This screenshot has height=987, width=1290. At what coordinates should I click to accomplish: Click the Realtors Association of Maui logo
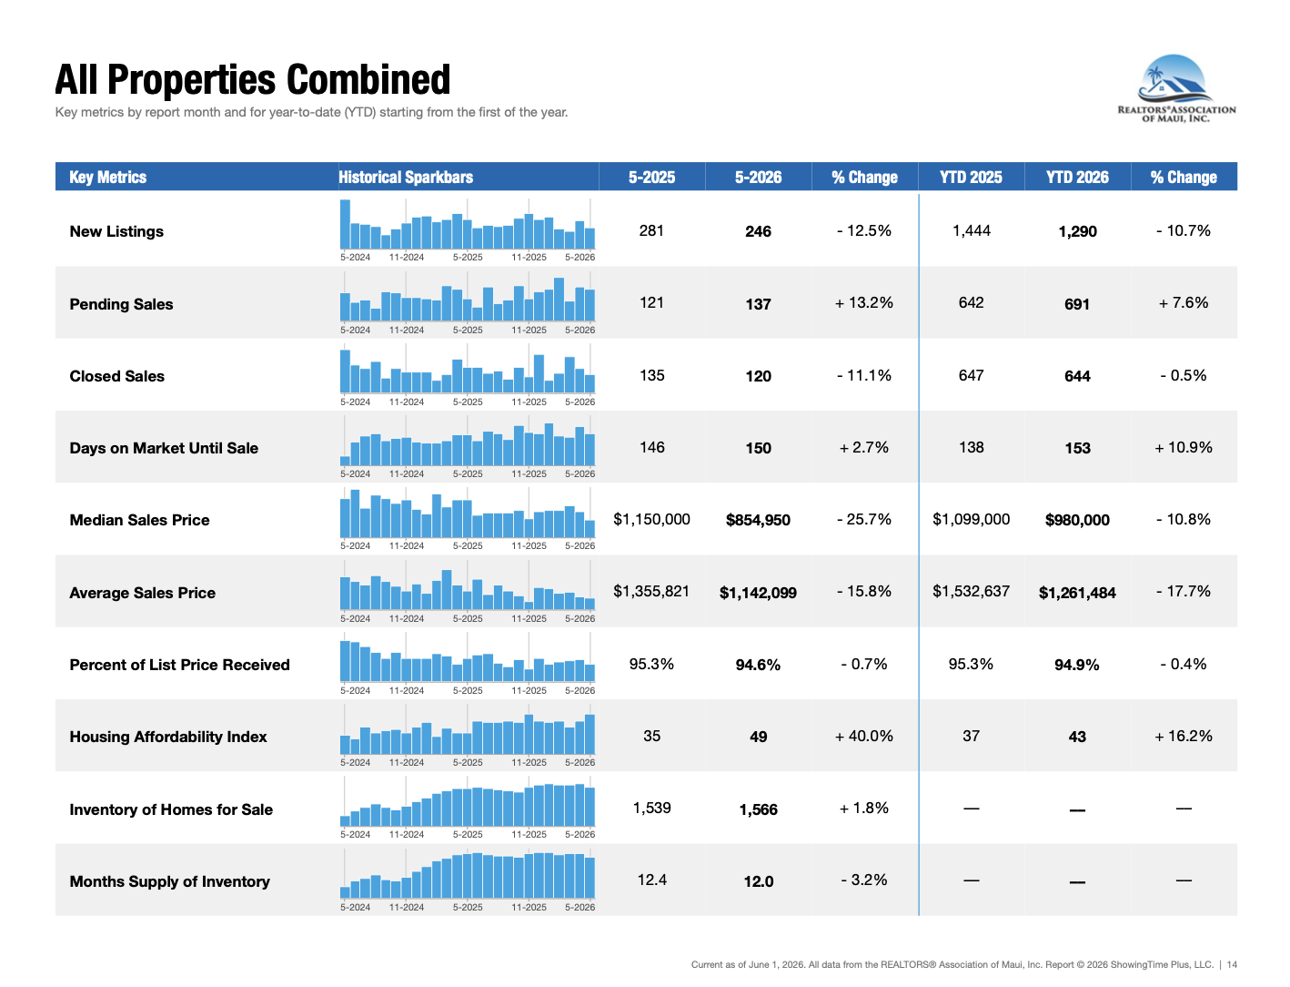click(1175, 88)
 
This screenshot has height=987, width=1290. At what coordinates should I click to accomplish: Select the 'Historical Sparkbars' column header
click(406, 177)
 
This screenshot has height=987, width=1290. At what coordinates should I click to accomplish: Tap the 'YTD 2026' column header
click(1076, 177)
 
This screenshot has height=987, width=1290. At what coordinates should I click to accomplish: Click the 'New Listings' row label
click(116, 231)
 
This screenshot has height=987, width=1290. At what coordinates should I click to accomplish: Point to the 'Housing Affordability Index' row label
click(168, 737)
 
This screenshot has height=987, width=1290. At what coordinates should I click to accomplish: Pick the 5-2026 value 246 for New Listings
click(758, 231)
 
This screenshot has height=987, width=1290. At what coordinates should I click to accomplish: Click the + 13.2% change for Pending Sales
click(864, 303)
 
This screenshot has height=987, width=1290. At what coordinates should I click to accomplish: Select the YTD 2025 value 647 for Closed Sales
click(971, 375)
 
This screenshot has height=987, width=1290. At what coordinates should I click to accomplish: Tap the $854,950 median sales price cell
click(758, 520)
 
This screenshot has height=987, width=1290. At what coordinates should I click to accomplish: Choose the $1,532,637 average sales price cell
click(971, 591)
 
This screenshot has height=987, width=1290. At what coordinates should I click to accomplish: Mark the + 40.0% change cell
click(864, 736)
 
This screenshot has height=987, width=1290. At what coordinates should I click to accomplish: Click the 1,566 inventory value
click(758, 809)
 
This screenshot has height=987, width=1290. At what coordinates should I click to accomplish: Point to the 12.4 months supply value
click(651, 880)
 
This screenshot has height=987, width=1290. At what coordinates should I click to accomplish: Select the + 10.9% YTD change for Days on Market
click(1183, 448)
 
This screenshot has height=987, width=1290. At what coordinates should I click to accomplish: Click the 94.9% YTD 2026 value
click(1076, 665)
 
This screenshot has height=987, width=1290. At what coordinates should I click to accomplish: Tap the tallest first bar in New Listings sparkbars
click(345, 224)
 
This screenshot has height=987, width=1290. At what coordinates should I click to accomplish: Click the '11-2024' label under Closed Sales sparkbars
click(406, 402)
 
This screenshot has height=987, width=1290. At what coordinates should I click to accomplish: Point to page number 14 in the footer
click(1232, 964)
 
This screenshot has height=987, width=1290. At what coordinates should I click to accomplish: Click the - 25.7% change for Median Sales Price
click(864, 519)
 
